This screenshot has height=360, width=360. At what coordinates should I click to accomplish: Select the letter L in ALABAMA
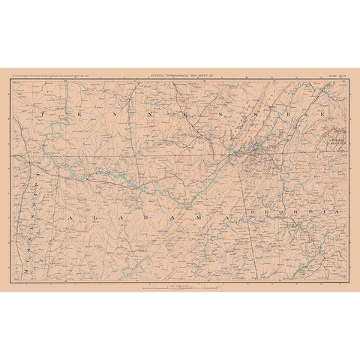tap(89, 192)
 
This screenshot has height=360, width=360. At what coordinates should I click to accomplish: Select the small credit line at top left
tap(45, 75)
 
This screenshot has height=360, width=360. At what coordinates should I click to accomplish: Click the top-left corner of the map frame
tap(10, 78)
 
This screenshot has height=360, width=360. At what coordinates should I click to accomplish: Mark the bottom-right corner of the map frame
tap(349, 281)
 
